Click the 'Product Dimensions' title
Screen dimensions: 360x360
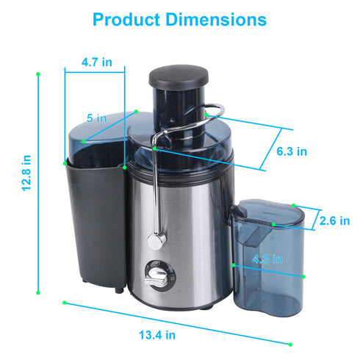tap(180, 18)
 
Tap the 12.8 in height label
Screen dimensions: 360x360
tap(26, 173)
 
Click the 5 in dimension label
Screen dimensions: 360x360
tap(96, 118)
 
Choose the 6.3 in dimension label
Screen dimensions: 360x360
tap(292, 151)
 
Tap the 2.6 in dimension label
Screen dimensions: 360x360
tap(334, 220)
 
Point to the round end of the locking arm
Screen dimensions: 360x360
tap(154, 240)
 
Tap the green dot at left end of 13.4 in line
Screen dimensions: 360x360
tap(65, 302)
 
